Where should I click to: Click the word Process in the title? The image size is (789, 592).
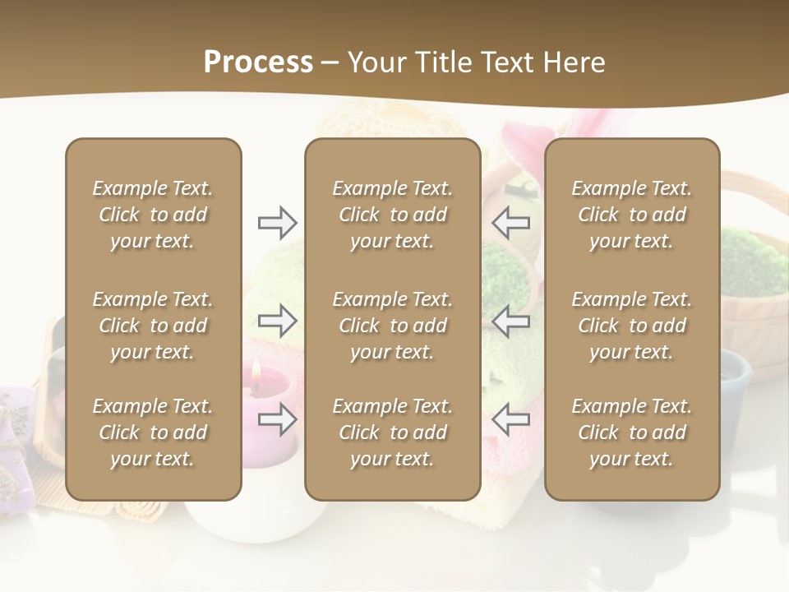click(x=258, y=62)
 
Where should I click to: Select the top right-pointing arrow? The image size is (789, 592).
click(x=278, y=222)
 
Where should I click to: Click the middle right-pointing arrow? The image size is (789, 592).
click(x=278, y=321)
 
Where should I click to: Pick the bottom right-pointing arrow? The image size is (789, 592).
click(x=278, y=419)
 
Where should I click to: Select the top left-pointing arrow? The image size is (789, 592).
click(x=510, y=222)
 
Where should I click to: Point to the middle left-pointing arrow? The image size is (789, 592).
click(x=510, y=321)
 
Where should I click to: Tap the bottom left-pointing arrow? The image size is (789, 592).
click(x=510, y=419)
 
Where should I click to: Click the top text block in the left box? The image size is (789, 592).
click(x=153, y=215)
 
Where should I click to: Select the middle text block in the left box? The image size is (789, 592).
click(x=153, y=326)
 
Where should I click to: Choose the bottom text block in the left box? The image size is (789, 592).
click(x=153, y=432)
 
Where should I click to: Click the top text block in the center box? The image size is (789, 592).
click(x=392, y=215)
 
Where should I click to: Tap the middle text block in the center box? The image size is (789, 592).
click(x=392, y=326)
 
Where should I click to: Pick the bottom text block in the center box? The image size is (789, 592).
click(x=392, y=432)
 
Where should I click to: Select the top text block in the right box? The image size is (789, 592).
click(x=631, y=215)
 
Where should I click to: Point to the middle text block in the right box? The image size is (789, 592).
click(x=631, y=326)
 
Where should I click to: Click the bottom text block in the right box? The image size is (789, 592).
click(x=631, y=432)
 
